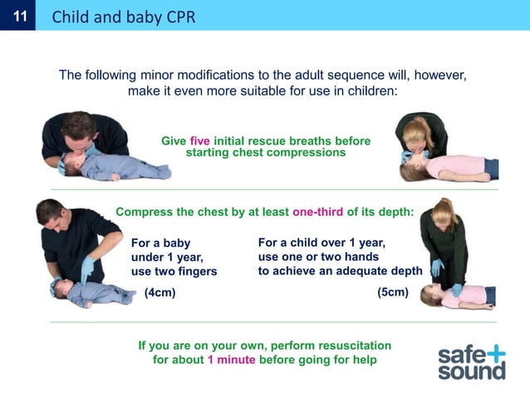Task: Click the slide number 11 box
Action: [18, 16]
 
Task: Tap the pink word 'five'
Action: [200, 141]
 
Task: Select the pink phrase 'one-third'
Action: [318, 212]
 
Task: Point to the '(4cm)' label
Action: [159, 292]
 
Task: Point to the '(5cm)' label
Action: [392, 292]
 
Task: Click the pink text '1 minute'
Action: [231, 360]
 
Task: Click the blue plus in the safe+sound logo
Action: [495, 352]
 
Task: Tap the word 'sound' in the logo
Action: [471, 370]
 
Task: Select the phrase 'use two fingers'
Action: [174, 272]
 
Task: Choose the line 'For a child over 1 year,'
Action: [321, 243]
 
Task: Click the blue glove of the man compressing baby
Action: [87, 268]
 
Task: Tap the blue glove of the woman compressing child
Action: [437, 268]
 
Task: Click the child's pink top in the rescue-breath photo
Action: [464, 166]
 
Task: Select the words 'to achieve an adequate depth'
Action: [340, 271]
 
